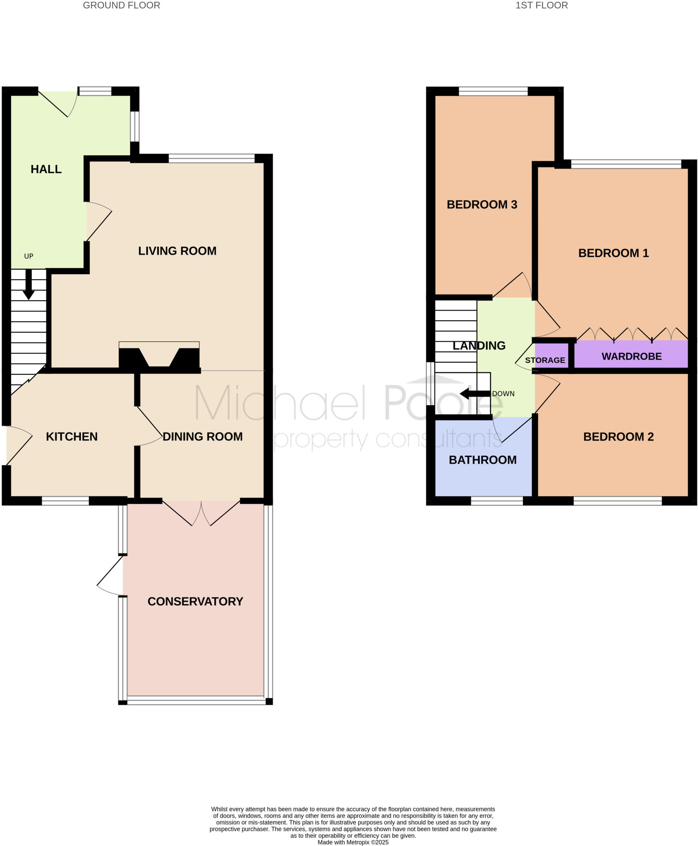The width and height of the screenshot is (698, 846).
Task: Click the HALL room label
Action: click(46, 169)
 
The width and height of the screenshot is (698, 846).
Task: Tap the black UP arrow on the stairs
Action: click(28, 285)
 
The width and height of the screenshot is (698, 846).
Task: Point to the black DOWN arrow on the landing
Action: click(475, 394)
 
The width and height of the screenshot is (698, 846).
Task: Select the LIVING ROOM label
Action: click(177, 251)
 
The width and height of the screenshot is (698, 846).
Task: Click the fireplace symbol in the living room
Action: click(159, 357)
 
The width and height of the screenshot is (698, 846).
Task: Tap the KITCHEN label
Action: click(71, 437)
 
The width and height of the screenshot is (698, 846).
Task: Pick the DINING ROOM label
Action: click(202, 437)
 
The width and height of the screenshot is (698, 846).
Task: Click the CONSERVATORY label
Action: click(195, 601)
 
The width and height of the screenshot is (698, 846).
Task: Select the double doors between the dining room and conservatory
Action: click(201, 513)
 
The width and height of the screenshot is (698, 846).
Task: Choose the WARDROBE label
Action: click(632, 356)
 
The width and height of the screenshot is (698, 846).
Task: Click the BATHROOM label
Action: click(483, 460)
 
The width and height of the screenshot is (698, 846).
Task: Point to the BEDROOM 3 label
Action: click(482, 204)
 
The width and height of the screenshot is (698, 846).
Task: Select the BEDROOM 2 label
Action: click(618, 437)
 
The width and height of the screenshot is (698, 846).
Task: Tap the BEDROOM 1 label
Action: click(613, 253)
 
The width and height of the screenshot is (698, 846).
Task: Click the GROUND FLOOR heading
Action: click(121, 5)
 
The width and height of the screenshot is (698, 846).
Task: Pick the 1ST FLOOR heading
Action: click(542, 5)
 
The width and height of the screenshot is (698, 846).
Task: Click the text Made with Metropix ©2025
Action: click(353, 842)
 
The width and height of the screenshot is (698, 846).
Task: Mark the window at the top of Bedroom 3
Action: click(493, 91)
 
